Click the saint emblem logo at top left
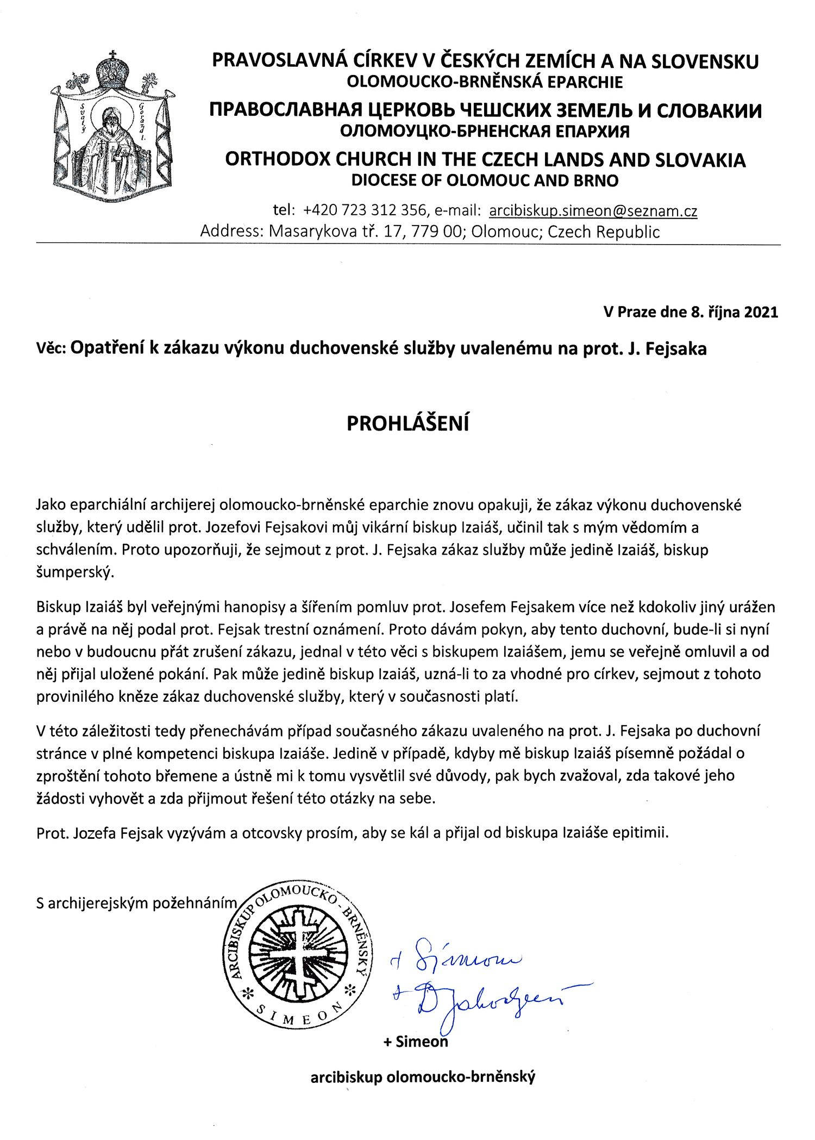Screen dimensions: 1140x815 click(x=114, y=130)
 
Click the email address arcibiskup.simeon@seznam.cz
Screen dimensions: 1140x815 click(x=593, y=211)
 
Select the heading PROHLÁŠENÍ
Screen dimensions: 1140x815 click(x=407, y=423)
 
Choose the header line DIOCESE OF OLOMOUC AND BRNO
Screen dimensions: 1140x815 click(x=485, y=180)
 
